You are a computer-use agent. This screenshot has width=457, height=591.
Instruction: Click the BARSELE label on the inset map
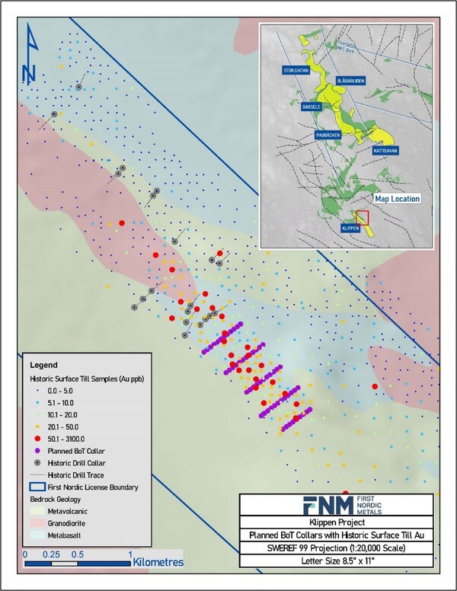click(315, 106)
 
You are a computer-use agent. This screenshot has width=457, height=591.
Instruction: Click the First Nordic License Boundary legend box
click(36, 486)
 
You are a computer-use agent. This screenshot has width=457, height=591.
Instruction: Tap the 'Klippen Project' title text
click(335, 526)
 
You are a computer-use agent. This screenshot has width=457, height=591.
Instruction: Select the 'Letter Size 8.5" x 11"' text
click(335, 562)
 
